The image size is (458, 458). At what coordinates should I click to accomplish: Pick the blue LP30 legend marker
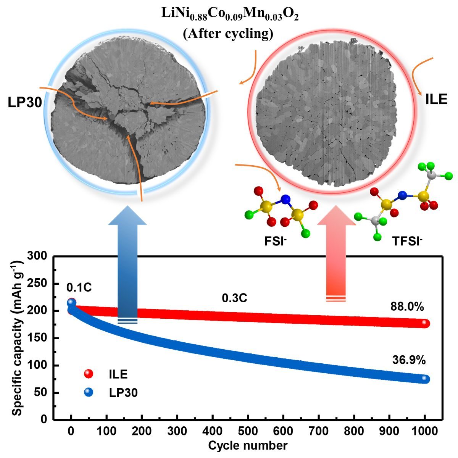pyautogui.click(x=89, y=392)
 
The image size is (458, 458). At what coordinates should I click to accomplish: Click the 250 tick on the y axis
pyautogui.click(x=42, y=284)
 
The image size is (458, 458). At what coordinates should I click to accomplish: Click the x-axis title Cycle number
pyautogui.click(x=248, y=445)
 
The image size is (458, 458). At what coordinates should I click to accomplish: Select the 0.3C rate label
pyautogui.click(x=234, y=298)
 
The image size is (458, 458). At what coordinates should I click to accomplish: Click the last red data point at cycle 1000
pyautogui.click(x=424, y=323)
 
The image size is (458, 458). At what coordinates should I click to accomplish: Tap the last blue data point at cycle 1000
pyautogui.click(x=424, y=379)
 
